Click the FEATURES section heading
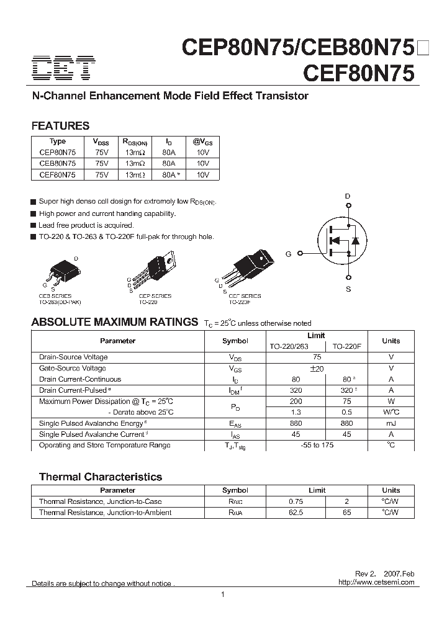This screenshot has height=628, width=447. tap(60, 126)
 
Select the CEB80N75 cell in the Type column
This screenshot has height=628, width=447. tap(57, 164)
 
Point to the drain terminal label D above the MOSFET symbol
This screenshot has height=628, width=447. tap(348, 196)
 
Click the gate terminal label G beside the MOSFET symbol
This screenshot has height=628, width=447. tap(288, 254)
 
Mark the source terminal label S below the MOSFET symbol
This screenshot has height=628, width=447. tap(348, 289)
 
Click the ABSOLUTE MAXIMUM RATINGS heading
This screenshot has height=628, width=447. tap(115, 322)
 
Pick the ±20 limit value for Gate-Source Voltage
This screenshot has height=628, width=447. tap(317, 368)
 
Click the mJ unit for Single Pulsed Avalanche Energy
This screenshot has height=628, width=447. tap(391, 423)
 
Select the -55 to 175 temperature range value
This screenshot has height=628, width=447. tap(317, 445)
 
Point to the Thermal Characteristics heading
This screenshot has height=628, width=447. tap(101, 477)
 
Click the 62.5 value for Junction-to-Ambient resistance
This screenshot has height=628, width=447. tap(296, 513)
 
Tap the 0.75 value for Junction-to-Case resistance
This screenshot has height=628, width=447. tap(296, 501)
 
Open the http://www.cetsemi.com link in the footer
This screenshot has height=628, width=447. tap(377, 583)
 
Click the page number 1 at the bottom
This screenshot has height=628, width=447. tap(222, 595)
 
